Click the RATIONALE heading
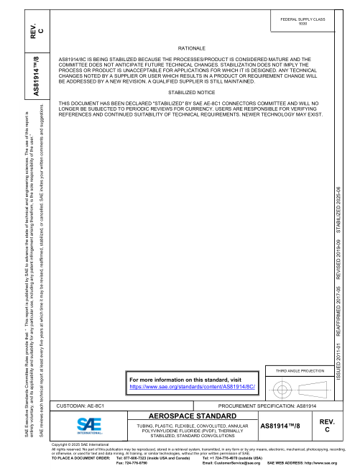(186, 47)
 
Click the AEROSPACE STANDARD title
(187, 416)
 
